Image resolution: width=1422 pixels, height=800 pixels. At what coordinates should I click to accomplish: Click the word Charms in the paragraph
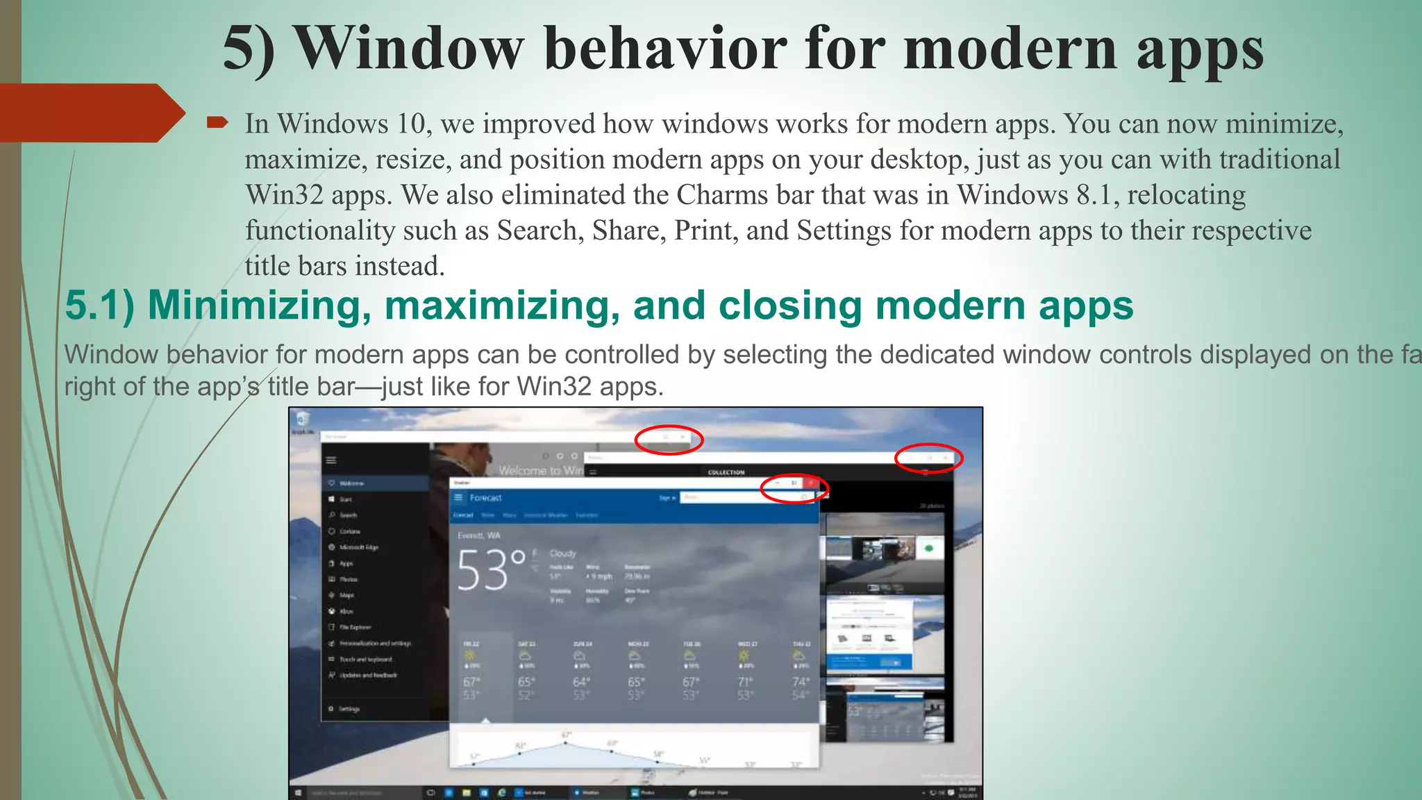(722, 195)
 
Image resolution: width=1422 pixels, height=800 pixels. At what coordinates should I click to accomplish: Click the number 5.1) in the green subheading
(99, 306)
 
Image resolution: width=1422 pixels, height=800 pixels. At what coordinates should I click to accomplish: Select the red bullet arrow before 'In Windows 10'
(217, 124)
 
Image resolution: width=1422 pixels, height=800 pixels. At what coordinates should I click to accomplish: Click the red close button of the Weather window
(810, 483)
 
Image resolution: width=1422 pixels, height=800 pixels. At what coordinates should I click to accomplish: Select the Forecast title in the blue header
(485, 498)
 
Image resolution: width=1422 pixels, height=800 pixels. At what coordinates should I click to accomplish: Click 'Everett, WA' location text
(478, 535)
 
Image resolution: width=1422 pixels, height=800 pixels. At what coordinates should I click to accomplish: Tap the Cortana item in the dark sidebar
(349, 531)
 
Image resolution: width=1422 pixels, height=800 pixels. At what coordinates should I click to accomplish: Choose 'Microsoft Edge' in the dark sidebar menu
(358, 547)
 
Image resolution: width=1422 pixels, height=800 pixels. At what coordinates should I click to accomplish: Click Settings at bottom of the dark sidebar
(349, 709)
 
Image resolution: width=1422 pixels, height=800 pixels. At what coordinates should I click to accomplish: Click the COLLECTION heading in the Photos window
(726, 472)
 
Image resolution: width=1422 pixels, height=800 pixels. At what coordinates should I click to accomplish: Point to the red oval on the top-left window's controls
(669, 440)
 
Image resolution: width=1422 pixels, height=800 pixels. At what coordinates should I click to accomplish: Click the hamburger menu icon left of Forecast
(458, 498)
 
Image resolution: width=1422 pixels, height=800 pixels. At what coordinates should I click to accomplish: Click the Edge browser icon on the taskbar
(501, 792)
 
